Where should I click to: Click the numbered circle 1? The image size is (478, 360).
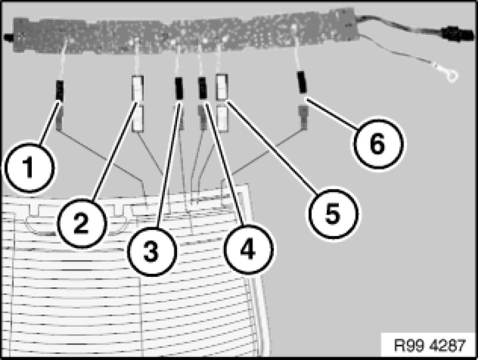29,167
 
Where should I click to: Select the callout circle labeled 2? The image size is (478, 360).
81,223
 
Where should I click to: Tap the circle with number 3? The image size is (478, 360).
151,252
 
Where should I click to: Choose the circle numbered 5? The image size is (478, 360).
333,213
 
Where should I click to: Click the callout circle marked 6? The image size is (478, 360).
377,144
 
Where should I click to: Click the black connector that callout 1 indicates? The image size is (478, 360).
60,91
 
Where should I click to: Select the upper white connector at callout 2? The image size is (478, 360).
138,88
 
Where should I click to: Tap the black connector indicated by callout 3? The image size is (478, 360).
179,88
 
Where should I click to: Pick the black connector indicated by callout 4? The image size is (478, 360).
203,88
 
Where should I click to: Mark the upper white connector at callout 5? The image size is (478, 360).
222,87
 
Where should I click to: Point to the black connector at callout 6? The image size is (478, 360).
302,82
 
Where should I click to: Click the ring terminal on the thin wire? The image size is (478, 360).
451,75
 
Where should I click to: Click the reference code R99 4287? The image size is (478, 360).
430,346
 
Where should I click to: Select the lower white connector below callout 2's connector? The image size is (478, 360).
138,119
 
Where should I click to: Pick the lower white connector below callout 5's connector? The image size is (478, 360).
222,119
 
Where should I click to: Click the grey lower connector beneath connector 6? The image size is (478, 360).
303,117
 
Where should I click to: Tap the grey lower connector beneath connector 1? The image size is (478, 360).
60,117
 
